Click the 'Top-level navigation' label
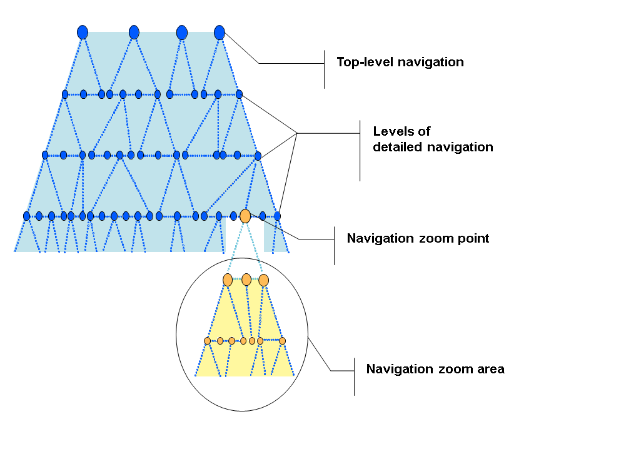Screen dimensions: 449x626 click(x=400, y=62)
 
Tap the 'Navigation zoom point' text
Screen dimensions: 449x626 click(x=418, y=238)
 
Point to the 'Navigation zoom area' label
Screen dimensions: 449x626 click(x=435, y=369)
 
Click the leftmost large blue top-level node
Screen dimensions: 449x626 click(x=83, y=32)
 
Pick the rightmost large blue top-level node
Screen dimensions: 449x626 click(x=220, y=32)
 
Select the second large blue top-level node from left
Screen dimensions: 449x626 click(x=134, y=32)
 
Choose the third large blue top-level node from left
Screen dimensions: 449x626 click(x=182, y=32)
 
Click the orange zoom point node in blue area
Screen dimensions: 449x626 click(x=245, y=216)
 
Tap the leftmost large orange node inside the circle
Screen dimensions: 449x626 click(x=228, y=280)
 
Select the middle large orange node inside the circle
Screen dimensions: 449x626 click(x=246, y=279)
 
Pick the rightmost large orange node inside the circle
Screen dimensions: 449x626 click(x=264, y=280)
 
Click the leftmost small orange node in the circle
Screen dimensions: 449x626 click(x=207, y=341)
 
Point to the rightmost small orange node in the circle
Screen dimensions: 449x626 click(x=283, y=341)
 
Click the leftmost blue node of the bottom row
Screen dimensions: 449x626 click(x=26, y=216)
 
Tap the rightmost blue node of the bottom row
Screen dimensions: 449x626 click(x=278, y=216)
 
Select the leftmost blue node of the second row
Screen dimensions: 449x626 click(x=65, y=94)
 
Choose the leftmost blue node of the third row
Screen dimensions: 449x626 click(x=45, y=154)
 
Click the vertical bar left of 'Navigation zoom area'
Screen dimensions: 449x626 click(x=355, y=376)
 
